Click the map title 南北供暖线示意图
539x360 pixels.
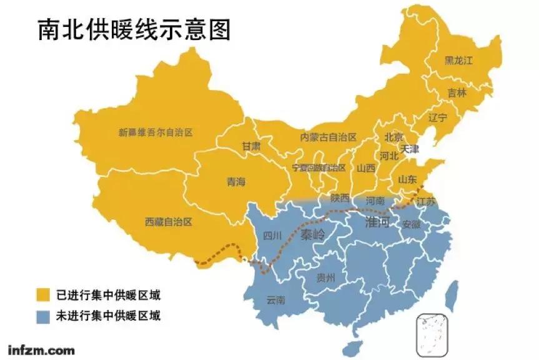134,29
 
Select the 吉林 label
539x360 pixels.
457,92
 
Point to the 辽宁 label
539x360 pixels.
438,117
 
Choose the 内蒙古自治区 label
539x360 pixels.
328,137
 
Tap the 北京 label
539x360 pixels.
393,137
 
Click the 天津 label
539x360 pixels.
410,149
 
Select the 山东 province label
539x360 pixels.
407,179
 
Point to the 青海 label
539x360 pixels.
236,182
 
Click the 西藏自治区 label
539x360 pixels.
168,222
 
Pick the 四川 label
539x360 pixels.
273,236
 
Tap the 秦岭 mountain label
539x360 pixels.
313,235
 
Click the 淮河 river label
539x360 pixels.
377,222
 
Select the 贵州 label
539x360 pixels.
325,277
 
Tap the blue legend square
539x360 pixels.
43,316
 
